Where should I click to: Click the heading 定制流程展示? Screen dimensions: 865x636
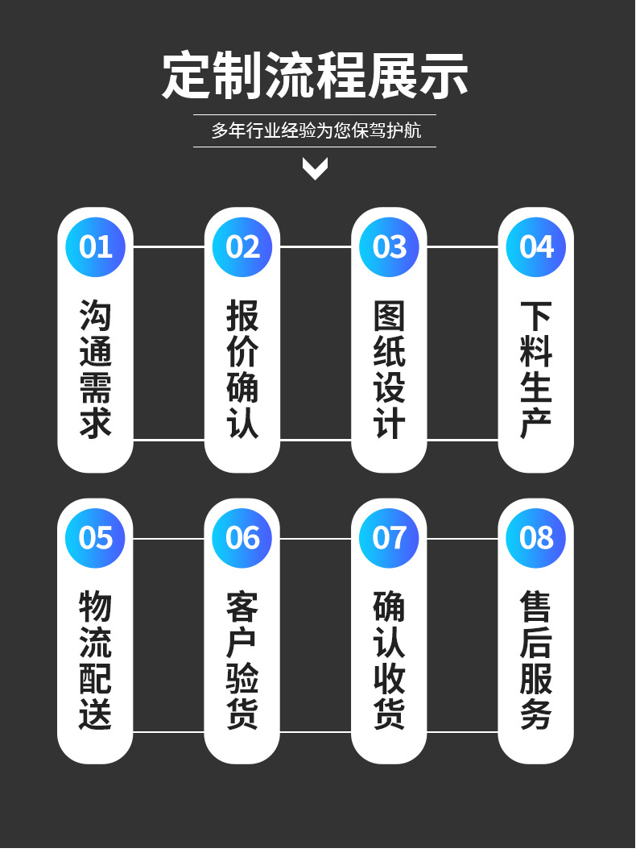pyautogui.click(x=315, y=77)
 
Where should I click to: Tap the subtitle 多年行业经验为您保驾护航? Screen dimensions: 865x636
pyautogui.click(x=316, y=130)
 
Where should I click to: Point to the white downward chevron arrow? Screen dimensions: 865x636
pyautogui.click(x=315, y=168)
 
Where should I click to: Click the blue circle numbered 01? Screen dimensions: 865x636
pyautogui.click(x=95, y=246)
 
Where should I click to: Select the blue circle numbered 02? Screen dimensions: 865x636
pyautogui.click(x=242, y=246)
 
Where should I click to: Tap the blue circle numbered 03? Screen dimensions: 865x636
pyautogui.click(x=389, y=246)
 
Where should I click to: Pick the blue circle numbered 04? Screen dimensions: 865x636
pyautogui.click(x=536, y=246)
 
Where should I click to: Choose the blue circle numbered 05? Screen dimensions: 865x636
pyautogui.click(x=95, y=537)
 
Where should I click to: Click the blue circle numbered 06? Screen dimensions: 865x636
pyautogui.click(x=242, y=537)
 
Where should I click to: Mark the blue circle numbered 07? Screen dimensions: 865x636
pyautogui.click(x=389, y=537)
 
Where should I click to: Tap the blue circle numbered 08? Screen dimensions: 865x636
pyautogui.click(x=536, y=537)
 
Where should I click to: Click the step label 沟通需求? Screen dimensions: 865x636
pyautogui.click(x=95, y=369)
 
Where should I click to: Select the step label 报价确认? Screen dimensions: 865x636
pyautogui.click(x=242, y=369)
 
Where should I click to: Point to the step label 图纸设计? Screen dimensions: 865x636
pyautogui.click(x=389, y=369)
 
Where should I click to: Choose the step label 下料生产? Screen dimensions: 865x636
pyautogui.click(x=536, y=369)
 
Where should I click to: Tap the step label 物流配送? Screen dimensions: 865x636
pyautogui.click(x=95, y=660)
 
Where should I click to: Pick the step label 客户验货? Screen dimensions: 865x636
pyautogui.click(x=242, y=660)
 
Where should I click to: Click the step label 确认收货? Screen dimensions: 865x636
pyautogui.click(x=389, y=660)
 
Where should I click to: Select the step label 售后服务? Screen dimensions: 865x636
pyautogui.click(x=536, y=660)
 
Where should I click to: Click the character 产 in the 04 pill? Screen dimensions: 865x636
pyautogui.click(x=536, y=424)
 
